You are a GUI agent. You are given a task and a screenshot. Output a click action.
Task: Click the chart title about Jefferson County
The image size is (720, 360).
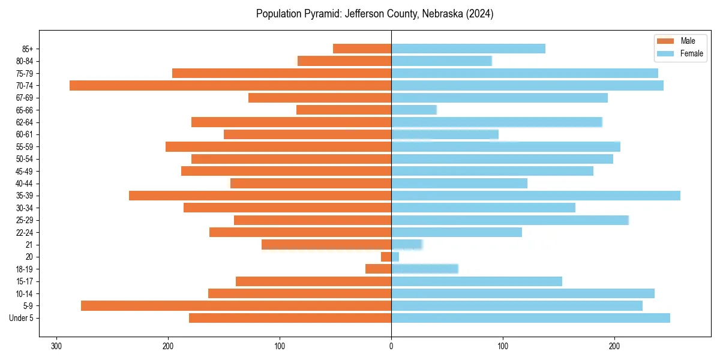click(374, 14)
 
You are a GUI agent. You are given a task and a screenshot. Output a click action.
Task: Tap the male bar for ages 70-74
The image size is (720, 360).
click(230, 85)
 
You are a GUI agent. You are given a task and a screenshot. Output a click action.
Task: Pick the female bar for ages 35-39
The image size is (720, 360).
click(536, 196)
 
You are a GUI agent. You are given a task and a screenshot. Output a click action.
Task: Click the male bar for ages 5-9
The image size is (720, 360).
click(236, 306)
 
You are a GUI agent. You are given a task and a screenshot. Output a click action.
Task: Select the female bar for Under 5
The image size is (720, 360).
click(530, 318)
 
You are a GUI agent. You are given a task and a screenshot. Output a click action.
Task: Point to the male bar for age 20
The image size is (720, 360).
click(386, 257)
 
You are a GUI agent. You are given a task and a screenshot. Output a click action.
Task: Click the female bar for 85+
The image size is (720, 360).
click(468, 49)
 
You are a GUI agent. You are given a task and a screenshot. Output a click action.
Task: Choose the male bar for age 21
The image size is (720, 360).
click(326, 244)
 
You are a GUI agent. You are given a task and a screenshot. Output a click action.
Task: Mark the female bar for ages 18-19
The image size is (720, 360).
click(425, 269)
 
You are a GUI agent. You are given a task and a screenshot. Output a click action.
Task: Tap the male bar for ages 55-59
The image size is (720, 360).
click(278, 146)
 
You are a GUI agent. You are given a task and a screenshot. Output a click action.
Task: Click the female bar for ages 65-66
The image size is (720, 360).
click(414, 110)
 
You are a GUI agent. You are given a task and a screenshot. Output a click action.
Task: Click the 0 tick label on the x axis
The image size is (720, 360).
click(391, 346)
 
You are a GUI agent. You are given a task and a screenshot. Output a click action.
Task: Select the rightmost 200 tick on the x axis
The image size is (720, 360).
click(614, 346)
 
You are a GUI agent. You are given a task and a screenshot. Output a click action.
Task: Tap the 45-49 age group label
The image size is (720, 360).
click(25, 171)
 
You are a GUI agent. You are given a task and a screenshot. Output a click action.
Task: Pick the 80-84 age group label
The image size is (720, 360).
click(25, 61)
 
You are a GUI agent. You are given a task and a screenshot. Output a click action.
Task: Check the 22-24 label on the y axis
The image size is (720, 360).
click(25, 232)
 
